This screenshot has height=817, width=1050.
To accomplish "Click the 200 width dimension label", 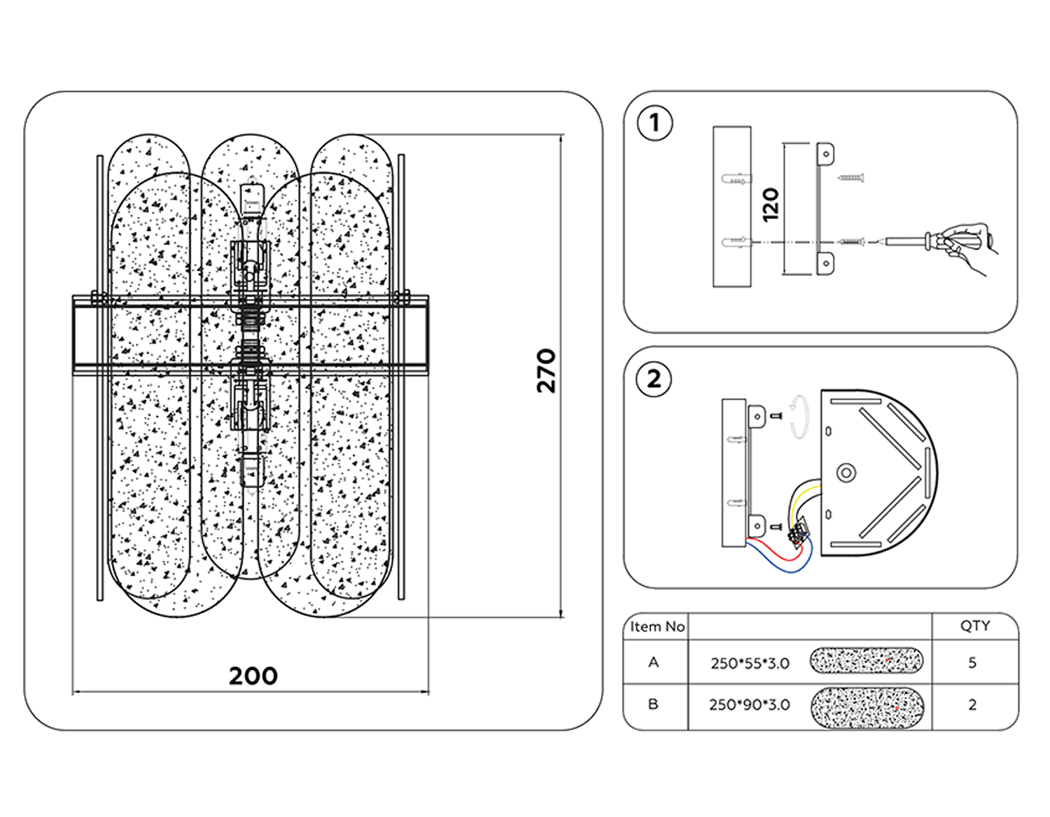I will click(253, 676).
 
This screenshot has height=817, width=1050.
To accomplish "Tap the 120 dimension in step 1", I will click(771, 204).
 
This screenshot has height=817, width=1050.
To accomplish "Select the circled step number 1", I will click(654, 123).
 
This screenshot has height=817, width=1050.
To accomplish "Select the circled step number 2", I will click(654, 379).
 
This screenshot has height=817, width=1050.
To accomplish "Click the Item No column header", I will click(657, 627).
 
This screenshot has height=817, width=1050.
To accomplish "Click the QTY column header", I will click(974, 626).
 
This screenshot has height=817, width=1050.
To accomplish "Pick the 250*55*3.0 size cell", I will click(750, 663).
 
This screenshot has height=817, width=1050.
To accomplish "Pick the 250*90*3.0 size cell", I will click(749, 705).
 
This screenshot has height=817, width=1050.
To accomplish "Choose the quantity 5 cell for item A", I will click(972, 663).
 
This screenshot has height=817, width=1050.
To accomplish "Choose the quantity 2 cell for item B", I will click(972, 705).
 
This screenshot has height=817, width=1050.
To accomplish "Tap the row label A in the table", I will click(654, 662).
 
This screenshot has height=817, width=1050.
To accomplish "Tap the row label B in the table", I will click(653, 704).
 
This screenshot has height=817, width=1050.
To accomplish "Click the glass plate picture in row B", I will click(867, 707).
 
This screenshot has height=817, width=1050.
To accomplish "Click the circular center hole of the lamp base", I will click(846, 473).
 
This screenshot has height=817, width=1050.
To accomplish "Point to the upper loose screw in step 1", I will click(852, 178).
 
